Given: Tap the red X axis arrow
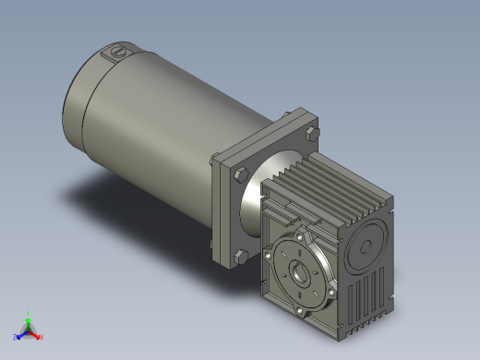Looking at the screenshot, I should coord(38,336).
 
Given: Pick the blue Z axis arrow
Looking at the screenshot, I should coord(18,336).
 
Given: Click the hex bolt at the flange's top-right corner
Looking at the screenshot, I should coord(308,136).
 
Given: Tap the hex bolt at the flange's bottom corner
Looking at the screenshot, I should coord(239,255).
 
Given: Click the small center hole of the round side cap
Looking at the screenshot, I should coord(367,245).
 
